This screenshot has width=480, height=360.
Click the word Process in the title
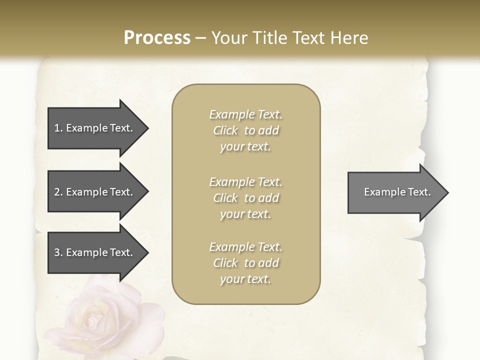pyautogui.click(x=157, y=38)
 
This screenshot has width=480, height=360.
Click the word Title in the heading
pyautogui.click(x=269, y=38)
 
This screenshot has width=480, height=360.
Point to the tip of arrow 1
pyautogui.click(x=147, y=128)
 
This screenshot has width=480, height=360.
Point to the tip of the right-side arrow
pyautogui.click(x=447, y=192)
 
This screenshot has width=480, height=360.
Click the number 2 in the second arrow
pyautogui.click(x=57, y=192)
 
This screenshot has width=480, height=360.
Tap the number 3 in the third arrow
pyautogui.click(x=57, y=252)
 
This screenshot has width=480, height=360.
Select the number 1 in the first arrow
pyautogui.click(x=56, y=128)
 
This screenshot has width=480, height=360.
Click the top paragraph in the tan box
pyautogui.click(x=245, y=130)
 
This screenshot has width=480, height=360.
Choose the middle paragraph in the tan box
pyautogui.click(x=245, y=198)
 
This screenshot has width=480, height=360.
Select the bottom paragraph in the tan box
pyautogui.click(x=245, y=263)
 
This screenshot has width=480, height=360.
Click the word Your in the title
pyautogui.click(x=229, y=38)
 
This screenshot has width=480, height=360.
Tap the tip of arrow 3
pyautogui.click(x=147, y=252)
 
